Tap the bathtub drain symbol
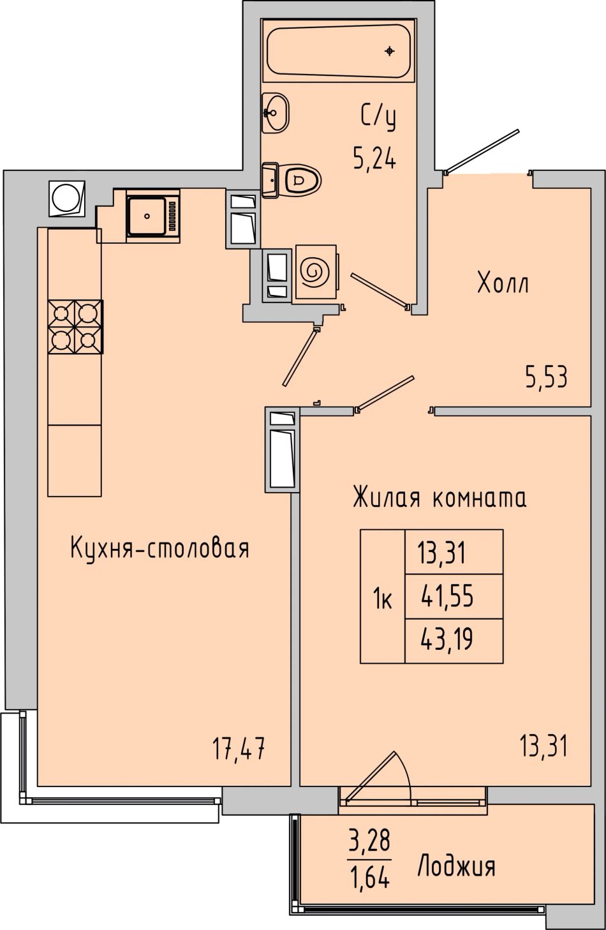(x=390, y=51)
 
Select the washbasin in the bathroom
(x=275, y=112)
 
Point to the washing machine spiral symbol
(x=316, y=273)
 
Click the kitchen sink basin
(x=147, y=216)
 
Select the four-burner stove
(x=75, y=327)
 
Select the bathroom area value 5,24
(x=374, y=158)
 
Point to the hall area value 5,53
(x=546, y=377)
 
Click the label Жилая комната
(x=440, y=497)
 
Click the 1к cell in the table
(x=383, y=596)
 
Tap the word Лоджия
(x=456, y=866)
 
